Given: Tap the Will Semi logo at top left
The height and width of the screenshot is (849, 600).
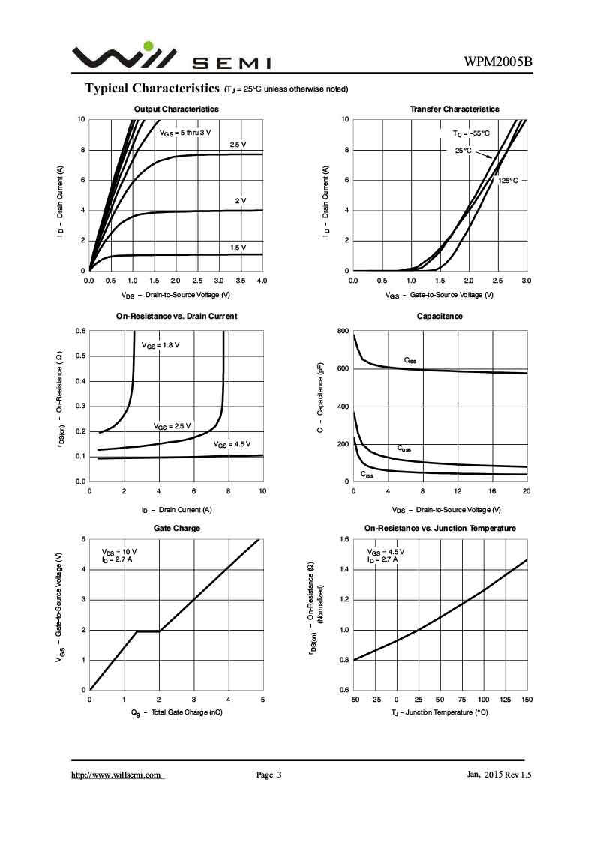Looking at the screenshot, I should [124, 57].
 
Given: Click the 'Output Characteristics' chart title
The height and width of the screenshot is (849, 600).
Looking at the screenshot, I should [176, 109].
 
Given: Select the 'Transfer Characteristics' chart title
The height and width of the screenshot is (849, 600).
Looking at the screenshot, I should [454, 109].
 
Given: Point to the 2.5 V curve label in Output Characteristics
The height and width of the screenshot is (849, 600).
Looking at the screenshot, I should [238, 145].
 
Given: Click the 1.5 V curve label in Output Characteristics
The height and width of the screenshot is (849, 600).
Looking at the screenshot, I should [238, 247].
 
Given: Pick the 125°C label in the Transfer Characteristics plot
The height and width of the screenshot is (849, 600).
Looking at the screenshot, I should [508, 181].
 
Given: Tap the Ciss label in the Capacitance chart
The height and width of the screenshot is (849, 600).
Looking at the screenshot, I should [410, 360].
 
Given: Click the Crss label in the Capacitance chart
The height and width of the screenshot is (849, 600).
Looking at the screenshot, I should [367, 474].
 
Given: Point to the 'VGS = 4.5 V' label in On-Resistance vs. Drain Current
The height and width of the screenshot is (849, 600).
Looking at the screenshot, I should [232, 445].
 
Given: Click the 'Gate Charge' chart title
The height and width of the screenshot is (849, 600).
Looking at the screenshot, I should [176, 528].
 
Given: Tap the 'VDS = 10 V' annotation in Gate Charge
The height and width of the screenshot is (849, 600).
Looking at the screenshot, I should [119, 552].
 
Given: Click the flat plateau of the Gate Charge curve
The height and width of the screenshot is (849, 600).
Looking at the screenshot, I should [148, 631].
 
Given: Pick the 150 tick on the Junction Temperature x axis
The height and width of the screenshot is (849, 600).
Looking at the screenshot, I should [526, 700].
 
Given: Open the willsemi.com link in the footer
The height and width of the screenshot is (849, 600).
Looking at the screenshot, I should [117, 775].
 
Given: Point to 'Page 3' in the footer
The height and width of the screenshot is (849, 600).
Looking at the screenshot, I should [268, 775].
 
